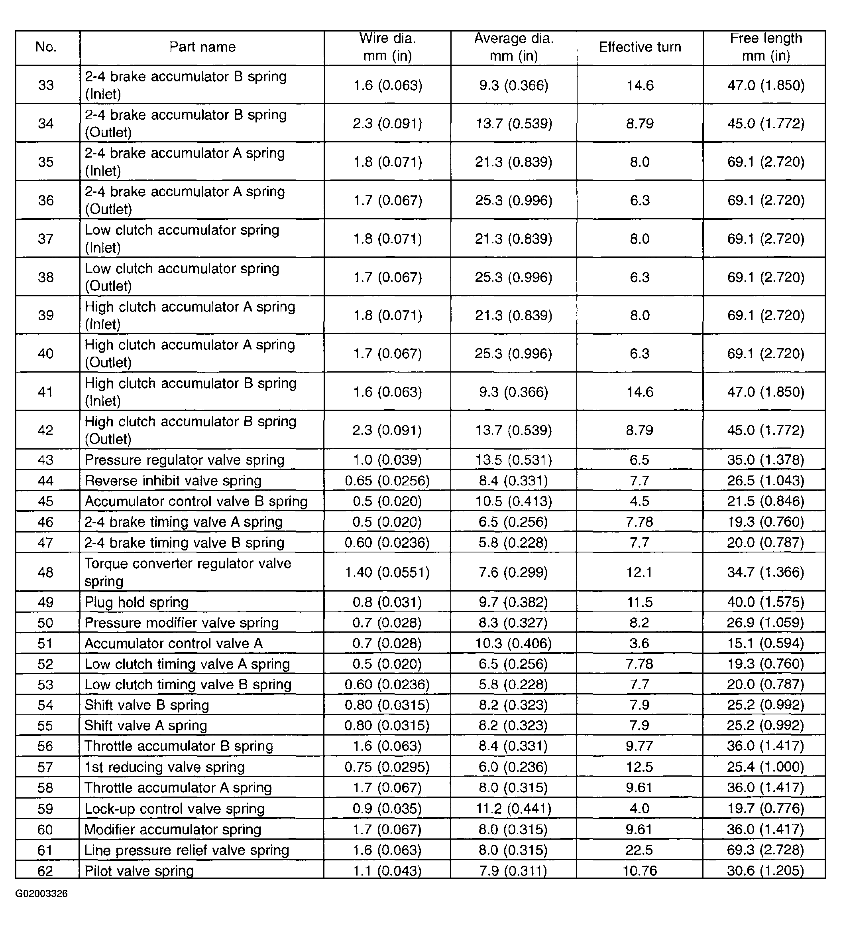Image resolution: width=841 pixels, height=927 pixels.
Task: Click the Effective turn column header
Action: click(640, 47)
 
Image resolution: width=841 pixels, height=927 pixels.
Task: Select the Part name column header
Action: click(202, 47)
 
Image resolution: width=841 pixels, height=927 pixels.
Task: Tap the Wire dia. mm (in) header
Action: click(387, 47)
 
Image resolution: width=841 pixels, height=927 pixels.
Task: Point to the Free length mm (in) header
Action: click(766, 47)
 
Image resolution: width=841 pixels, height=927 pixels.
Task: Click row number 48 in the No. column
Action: click(45, 572)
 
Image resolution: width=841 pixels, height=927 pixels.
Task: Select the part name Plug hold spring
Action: click(136, 602)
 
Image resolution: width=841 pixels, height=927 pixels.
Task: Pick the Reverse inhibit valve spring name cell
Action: click(173, 481)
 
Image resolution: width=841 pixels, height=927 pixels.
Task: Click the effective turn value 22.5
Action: click(639, 850)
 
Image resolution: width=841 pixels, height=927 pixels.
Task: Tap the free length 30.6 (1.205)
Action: click(765, 870)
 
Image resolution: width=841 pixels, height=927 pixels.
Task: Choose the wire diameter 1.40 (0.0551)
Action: click(387, 572)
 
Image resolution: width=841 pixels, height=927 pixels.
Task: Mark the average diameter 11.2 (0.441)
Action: click(513, 809)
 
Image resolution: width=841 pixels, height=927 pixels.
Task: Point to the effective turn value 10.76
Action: click(639, 870)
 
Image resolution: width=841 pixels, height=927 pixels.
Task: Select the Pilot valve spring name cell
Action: click(139, 870)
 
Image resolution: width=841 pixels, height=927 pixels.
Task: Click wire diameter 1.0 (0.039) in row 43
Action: click(387, 460)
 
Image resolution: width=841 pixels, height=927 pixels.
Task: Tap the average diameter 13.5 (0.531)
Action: click(513, 460)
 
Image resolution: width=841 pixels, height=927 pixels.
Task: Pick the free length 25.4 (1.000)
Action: click(765, 767)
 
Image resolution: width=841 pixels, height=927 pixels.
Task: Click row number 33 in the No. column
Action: click(45, 85)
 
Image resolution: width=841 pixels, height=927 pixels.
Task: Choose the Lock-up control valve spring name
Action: click(175, 809)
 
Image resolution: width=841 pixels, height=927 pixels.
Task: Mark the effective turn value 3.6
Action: click(639, 643)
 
